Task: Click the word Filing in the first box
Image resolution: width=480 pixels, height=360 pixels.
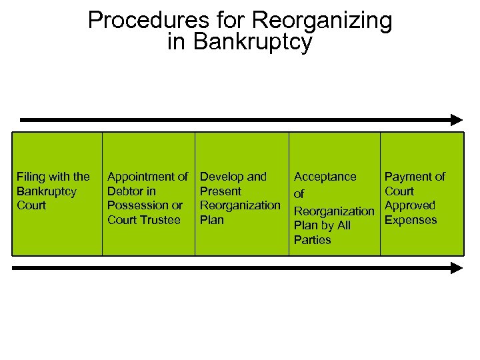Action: (x=31, y=177)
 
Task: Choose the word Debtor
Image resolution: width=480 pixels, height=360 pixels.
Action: (x=125, y=191)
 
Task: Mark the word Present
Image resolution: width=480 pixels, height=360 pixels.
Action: (x=221, y=191)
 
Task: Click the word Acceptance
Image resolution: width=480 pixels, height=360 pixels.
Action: (x=325, y=177)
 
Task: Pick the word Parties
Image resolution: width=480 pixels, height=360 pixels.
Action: (x=312, y=240)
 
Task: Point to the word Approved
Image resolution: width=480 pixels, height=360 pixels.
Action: (x=410, y=205)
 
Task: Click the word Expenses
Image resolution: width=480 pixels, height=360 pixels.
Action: (x=411, y=220)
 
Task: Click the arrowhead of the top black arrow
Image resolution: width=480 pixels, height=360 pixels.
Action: (x=457, y=120)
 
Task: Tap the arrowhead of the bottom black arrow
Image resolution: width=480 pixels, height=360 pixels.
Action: (x=457, y=268)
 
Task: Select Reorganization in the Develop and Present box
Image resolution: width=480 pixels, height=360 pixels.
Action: (x=240, y=205)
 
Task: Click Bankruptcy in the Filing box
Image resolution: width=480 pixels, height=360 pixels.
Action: (x=46, y=191)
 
